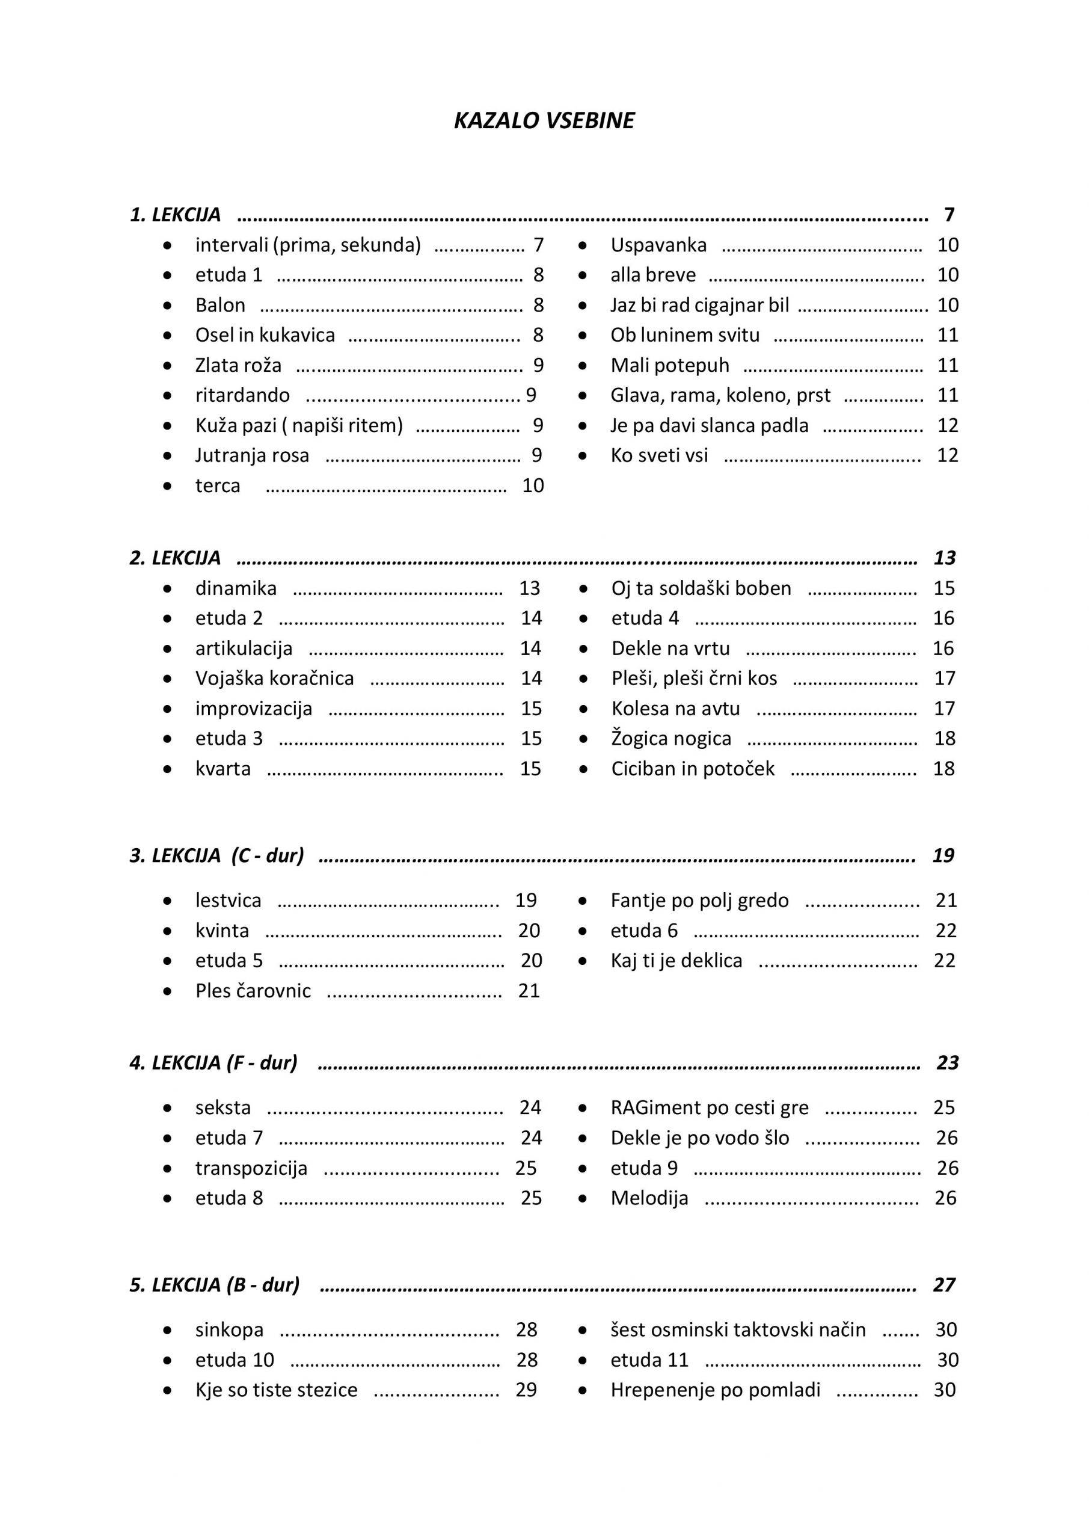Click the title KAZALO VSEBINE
point(544,121)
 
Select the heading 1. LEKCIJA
point(175,215)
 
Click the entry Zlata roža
point(238,366)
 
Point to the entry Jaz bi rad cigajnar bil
point(699,305)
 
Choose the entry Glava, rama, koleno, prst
point(720,395)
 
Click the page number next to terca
point(533,485)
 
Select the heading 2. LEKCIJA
point(175,558)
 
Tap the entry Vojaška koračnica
point(274,678)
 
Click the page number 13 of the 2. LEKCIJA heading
point(944,558)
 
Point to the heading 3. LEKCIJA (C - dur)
point(216,856)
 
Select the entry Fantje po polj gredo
point(699,900)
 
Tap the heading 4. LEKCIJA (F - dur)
point(213,1063)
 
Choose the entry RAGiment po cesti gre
point(710,1107)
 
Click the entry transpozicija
point(251,1168)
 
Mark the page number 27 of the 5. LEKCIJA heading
point(943,1284)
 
